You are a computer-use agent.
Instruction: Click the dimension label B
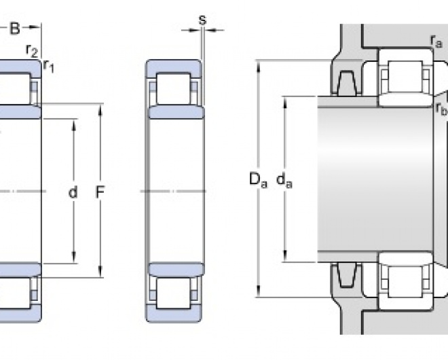click(15, 28)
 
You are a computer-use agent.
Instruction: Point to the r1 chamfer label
click(48, 65)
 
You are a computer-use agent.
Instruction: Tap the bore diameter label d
click(73, 193)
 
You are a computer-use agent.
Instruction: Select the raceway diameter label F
click(100, 193)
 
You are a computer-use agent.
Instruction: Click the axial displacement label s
click(202, 20)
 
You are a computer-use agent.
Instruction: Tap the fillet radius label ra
click(436, 43)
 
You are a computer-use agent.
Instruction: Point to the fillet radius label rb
click(441, 109)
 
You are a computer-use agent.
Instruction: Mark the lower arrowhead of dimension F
click(100, 276)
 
